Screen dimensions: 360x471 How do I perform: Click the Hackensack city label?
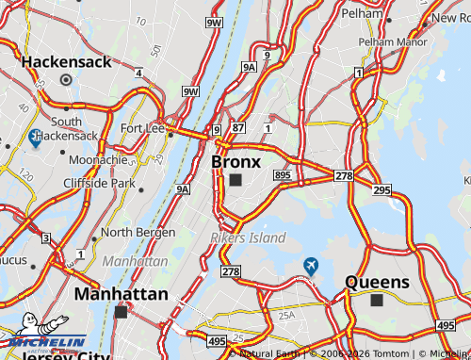67,62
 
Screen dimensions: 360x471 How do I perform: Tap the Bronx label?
235,161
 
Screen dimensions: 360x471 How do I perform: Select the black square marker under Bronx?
235,179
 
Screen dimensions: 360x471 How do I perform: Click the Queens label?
377,282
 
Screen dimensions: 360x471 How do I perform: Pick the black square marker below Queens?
377,301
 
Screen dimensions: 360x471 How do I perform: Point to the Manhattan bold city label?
121,294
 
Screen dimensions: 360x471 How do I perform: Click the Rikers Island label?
248,238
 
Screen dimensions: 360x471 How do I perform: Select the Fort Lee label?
142,128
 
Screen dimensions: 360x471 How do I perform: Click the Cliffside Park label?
99,183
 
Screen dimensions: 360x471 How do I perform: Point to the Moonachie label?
98,159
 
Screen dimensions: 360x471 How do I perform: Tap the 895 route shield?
283,175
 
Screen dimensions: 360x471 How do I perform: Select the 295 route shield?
381,190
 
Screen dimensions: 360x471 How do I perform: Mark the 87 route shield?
237,127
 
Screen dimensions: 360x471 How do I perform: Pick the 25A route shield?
285,315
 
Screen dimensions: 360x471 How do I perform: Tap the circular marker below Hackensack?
66,80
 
